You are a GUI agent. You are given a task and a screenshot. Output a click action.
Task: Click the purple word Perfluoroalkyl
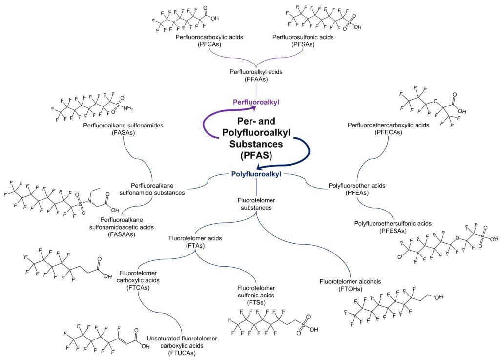coord(256,102)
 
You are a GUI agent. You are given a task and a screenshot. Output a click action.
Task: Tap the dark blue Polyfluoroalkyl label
coord(256,174)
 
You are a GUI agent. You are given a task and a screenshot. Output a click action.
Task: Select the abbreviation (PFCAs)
coord(209,44)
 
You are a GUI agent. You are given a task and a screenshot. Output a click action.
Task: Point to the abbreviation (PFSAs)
coord(303,44)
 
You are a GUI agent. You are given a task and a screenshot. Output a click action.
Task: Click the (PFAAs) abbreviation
coord(256,79)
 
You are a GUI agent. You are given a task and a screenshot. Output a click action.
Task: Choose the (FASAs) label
coord(124,133)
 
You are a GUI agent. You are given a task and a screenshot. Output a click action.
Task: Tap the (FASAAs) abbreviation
coord(122,234)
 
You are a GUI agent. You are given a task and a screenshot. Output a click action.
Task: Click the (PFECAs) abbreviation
coord(388,132)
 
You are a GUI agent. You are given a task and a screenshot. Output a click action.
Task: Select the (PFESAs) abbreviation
coord(393,231)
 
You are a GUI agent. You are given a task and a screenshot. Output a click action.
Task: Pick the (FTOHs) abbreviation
coord(351,289)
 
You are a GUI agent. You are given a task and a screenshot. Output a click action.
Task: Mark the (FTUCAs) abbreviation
coord(182,353)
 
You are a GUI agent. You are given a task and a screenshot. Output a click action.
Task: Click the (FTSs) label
coord(256,302)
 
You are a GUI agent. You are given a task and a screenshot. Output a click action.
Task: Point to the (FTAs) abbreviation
coord(195,246)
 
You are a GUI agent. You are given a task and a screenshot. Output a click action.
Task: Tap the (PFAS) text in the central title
coord(256,155)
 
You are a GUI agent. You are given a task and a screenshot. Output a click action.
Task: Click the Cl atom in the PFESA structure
coord(400,257)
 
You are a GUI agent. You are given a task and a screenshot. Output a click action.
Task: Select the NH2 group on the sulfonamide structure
coord(128,108)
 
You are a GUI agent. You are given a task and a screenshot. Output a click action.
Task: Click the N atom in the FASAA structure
coord(90,201)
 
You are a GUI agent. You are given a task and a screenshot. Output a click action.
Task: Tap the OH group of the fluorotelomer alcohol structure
coord(439,297)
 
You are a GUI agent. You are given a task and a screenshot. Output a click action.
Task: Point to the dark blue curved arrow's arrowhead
coord(260,168)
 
